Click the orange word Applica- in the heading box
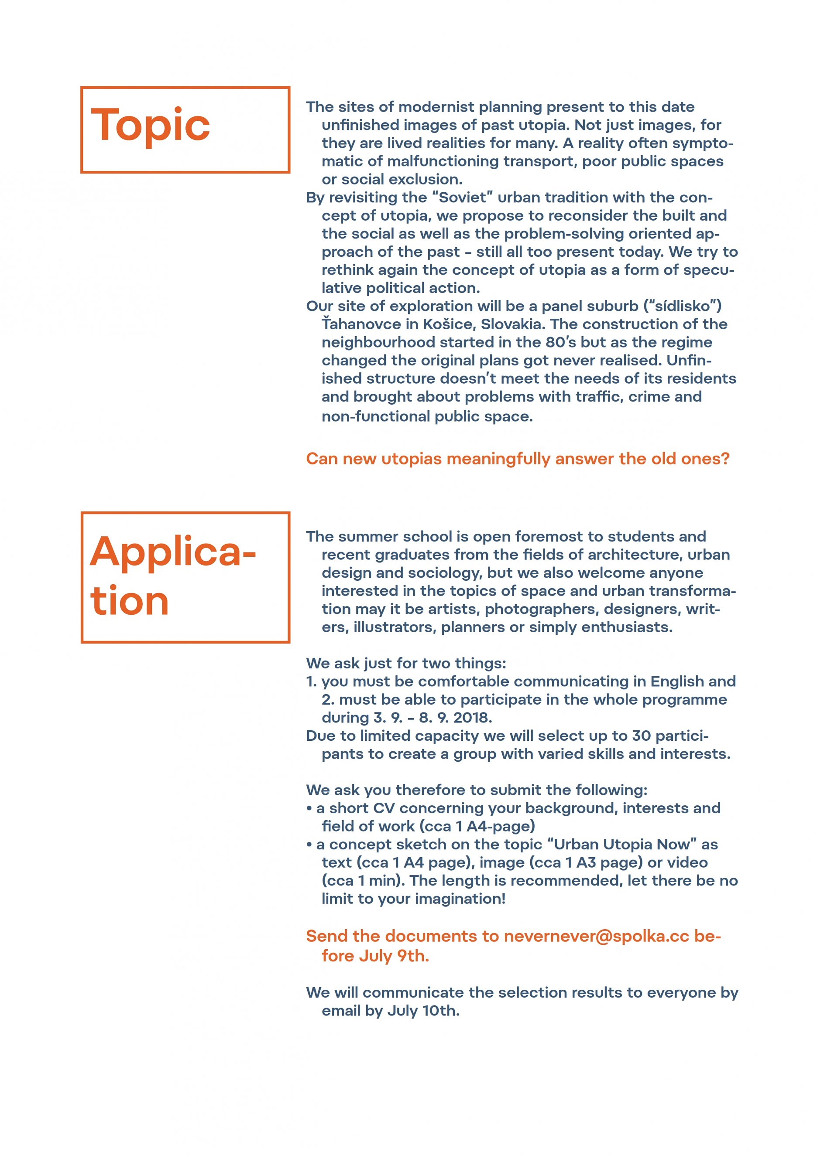point(173,552)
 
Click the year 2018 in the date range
point(473,717)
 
